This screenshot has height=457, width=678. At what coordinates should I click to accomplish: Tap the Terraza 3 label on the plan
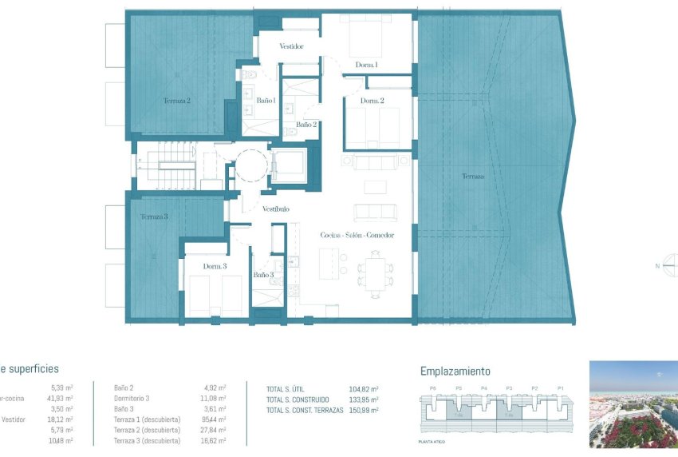coord(154,217)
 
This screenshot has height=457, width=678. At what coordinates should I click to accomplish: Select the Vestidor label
coord(291,46)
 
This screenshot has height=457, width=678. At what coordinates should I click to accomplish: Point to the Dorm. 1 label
coord(366,65)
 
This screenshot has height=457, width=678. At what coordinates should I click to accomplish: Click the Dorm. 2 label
coord(373,101)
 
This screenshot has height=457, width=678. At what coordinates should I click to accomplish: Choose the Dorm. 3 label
coord(215,266)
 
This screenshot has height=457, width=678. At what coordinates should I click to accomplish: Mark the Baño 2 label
coord(306,125)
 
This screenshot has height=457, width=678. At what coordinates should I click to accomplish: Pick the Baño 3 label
coord(264,275)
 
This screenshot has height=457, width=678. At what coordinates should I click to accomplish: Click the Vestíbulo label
coord(276,209)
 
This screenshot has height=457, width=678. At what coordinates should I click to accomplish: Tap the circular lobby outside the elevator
coord(249,167)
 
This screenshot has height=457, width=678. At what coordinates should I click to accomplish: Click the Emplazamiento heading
coord(455,372)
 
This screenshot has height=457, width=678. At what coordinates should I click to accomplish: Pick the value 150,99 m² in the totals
coord(363,410)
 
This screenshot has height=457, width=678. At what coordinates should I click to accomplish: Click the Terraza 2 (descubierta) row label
coord(147,430)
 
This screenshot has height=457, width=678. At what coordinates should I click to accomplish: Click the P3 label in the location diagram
coord(508,388)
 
